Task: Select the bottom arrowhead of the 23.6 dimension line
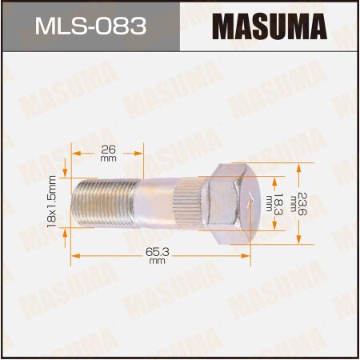click(x=300, y=238)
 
